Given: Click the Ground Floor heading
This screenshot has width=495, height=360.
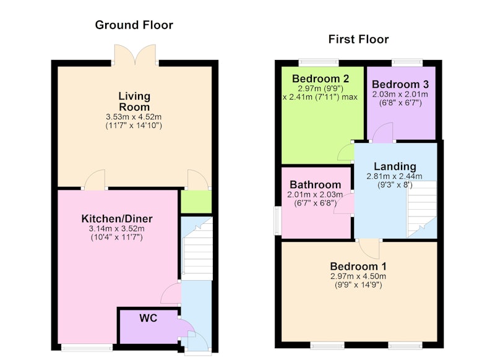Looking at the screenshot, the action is [x=134, y=25].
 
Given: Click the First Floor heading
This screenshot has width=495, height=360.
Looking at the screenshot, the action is [x=358, y=39].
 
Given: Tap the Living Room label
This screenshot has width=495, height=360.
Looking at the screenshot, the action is [x=134, y=101].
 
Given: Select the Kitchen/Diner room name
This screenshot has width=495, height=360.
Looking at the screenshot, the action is [x=117, y=218].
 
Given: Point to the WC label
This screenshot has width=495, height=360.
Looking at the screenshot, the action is [x=148, y=318].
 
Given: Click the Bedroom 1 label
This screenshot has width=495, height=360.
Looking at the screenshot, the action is [x=358, y=266].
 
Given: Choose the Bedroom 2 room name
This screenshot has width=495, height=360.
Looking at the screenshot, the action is [x=321, y=78].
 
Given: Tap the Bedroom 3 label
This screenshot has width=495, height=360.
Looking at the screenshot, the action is [x=400, y=84].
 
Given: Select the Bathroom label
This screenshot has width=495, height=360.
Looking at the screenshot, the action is [x=316, y=184].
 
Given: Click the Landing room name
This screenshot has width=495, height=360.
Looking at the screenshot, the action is [x=395, y=166].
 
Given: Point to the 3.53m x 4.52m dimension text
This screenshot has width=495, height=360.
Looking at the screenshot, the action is [x=134, y=117].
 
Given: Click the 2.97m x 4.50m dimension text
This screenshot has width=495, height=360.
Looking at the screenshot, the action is [x=358, y=276].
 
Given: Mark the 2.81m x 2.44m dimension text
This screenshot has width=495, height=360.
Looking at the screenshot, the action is [x=394, y=176].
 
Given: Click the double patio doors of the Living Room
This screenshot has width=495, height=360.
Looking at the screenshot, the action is [x=135, y=55].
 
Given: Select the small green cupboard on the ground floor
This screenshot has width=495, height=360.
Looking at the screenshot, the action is [x=196, y=202].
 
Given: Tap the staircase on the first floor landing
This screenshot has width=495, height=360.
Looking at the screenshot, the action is [x=422, y=209].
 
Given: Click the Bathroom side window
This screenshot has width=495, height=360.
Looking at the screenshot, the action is [x=277, y=221].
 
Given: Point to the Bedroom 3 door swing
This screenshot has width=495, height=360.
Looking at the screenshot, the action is [x=382, y=133].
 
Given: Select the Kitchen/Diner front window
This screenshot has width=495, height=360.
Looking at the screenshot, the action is [x=87, y=348].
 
